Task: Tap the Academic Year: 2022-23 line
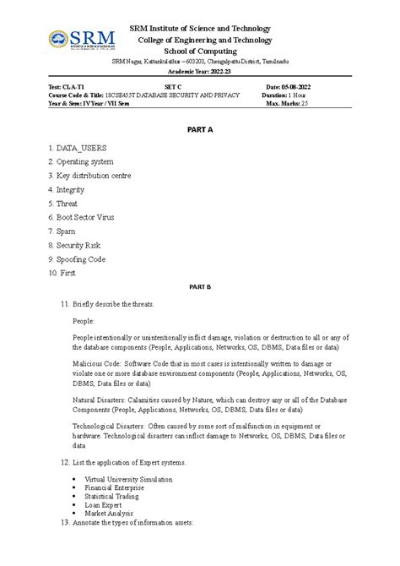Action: coord(199,74)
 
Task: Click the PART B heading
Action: coord(199,287)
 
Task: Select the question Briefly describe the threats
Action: coord(115,303)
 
